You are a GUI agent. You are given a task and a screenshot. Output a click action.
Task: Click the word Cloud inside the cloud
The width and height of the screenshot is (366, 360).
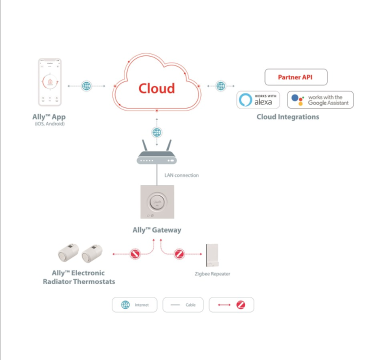(x=156, y=88)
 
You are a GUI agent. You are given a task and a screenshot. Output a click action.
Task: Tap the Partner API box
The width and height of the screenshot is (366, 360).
(x=295, y=77)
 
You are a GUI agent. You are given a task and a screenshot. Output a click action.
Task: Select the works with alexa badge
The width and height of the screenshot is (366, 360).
(x=258, y=99)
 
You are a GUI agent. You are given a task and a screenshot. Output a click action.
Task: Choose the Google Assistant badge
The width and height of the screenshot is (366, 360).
(x=320, y=99)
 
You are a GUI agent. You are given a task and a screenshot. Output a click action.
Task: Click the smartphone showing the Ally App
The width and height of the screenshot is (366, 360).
(x=49, y=82)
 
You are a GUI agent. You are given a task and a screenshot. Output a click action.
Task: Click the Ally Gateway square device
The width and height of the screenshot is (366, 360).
(x=157, y=202)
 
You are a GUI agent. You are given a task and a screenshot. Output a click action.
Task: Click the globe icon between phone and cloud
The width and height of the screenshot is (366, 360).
(x=86, y=86)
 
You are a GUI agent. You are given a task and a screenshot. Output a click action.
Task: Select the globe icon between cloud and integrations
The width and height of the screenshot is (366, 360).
(x=221, y=86)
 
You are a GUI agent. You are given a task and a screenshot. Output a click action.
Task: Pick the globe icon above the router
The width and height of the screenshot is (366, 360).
(x=157, y=132)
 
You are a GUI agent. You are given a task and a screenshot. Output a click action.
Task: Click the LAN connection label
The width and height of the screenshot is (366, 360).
(x=181, y=175)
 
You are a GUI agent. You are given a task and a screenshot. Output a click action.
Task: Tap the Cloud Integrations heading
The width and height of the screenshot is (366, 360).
(x=287, y=117)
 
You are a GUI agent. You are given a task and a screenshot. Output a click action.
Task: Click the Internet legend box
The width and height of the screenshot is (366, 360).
(x=134, y=304)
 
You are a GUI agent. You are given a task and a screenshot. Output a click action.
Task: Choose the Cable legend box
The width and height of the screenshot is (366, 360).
(x=183, y=304)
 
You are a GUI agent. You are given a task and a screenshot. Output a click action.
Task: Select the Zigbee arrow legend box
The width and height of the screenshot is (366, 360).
(x=231, y=304)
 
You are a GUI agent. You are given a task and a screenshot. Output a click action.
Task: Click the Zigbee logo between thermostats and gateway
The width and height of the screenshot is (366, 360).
(x=134, y=254)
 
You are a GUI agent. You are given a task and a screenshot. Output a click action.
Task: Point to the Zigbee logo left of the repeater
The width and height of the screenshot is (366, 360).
(x=179, y=254)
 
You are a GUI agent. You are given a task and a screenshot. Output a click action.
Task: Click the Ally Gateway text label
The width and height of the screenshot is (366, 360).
(x=156, y=230)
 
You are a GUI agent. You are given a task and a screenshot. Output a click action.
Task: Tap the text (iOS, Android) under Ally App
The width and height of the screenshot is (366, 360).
(x=49, y=123)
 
